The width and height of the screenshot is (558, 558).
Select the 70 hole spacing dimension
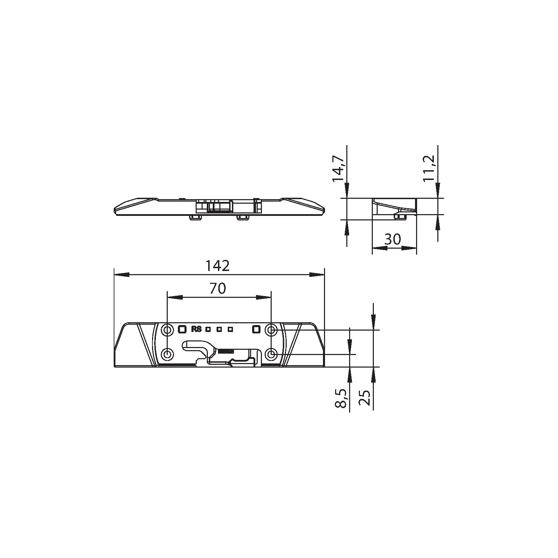[218, 288]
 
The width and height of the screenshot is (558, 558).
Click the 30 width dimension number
[393, 240]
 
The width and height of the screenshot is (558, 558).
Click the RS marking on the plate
[196, 329]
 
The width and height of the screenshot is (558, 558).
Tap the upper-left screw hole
[168, 329]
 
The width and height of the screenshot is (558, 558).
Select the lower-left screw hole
[168, 354]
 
